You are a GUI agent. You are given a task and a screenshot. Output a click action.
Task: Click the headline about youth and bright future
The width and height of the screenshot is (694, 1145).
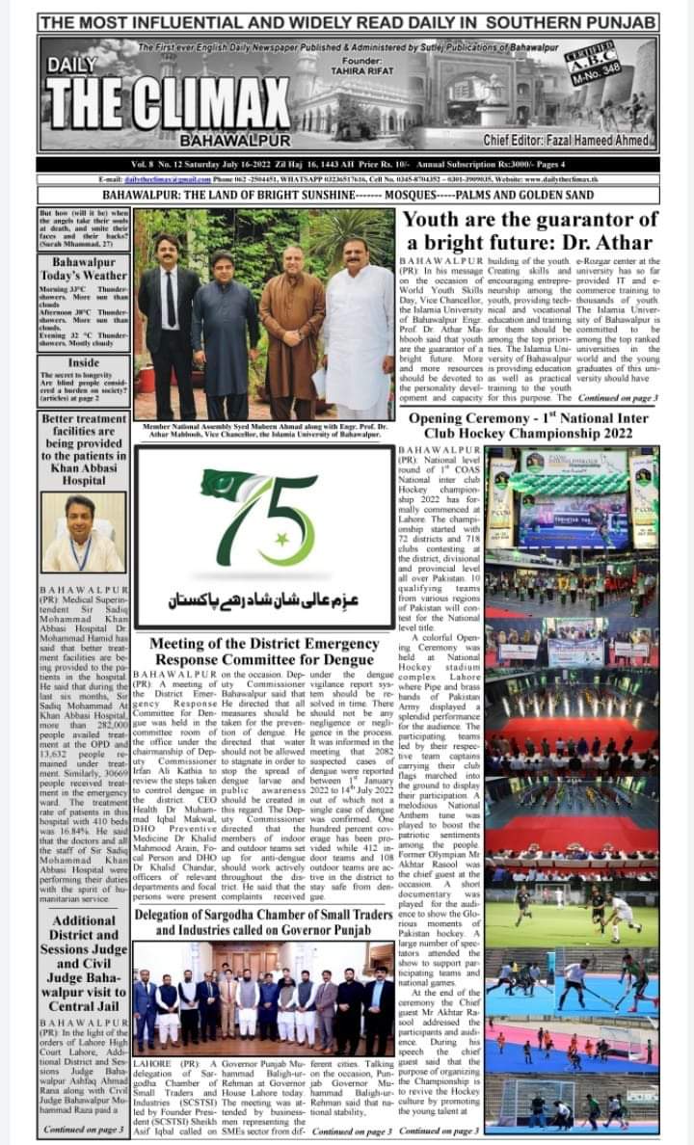coord(526,231)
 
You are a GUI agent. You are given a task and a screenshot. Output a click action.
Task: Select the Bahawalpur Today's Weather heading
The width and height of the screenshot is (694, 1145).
coord(83,268)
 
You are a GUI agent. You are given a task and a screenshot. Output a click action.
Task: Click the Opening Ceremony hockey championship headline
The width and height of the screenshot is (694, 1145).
coord(529,426)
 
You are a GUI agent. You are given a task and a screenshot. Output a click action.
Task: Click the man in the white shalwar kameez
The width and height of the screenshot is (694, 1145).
coord(359,329)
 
